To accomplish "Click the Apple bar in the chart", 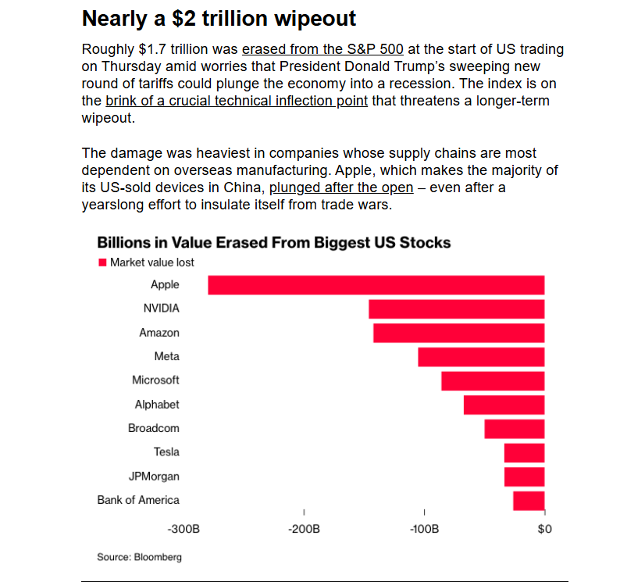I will click(376, 285).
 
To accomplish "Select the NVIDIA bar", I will click(456, 309).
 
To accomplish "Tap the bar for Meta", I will click(481, 357).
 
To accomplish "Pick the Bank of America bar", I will click(529, 501).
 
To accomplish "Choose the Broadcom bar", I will click(514, 429).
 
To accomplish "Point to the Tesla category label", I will click(166, 452).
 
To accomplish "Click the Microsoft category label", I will click(155, 380).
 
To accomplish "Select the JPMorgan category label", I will click(155, 476).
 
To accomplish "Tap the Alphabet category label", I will click(157, 404).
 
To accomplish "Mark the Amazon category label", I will click(159, 332).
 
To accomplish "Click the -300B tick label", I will click(184, 530).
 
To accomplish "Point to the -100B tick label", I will click(424, 530).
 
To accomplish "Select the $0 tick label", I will click(545, 530).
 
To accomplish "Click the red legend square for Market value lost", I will click(102, 262).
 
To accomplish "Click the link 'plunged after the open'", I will click(341, 187).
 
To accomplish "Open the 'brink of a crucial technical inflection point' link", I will click(237, 101).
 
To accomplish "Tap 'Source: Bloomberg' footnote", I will click(139, 557).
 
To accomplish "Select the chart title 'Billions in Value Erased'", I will click(273, 242).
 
